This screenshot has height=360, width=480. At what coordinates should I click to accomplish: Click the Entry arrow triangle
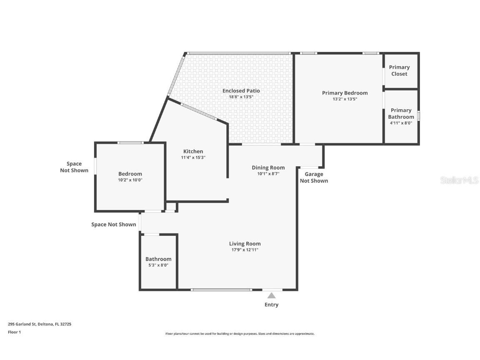(x=271, y=295)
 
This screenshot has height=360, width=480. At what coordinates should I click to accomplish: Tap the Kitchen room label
(x=193, y=151)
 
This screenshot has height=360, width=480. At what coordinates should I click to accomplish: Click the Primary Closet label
(x=399, y=70)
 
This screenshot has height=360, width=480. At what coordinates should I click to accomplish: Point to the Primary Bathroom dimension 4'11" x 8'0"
(x=401, y=123)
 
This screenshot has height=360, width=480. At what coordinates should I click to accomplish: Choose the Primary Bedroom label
(x=345, y=93)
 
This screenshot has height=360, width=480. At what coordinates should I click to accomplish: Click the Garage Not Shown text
(x=314, y=177)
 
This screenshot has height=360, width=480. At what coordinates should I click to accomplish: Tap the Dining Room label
(x=268, y=167)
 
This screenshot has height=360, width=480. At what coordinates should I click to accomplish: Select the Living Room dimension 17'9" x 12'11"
(x=245, y=250)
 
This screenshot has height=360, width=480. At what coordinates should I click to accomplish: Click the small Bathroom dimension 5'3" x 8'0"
(x=158, y=265)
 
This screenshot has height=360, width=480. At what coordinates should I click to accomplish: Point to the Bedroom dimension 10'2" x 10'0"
(x=130, y=180)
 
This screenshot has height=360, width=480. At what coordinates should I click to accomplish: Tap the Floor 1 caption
(x=14, y=332)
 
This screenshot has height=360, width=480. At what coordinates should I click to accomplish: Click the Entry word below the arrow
(x=271, y=305)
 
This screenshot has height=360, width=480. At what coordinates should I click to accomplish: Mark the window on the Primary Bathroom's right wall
(x=419, y=115)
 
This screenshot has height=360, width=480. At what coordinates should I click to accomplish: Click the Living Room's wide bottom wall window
(x=221, y=290)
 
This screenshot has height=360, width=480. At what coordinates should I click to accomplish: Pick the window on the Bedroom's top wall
(x=130, y=143)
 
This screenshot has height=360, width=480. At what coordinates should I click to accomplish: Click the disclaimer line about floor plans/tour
(x=240, y=334)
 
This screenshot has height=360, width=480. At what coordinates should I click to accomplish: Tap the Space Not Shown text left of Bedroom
(x=74, y=167)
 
